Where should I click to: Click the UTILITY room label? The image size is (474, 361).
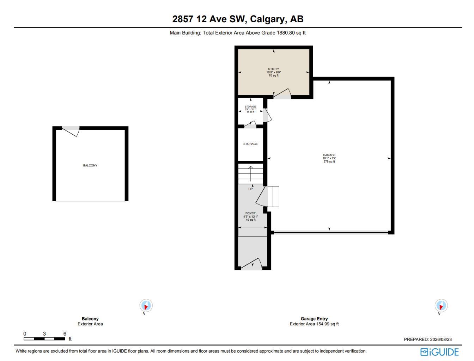point(273,69)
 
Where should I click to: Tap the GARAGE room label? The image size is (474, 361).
point(329,155)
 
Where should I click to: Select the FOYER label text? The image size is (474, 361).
point(250,213)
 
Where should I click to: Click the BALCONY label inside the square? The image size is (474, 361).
point(90,165)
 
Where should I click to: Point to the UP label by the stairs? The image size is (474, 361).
point(250,189)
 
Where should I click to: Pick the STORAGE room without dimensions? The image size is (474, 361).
point(250,144)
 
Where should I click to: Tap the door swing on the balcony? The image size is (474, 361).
point(71,131)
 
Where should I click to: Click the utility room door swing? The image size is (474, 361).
point(282,93)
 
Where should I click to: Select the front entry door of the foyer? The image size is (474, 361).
point(251,264)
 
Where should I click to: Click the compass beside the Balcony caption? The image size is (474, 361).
point(146,305)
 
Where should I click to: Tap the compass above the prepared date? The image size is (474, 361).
point(441,305)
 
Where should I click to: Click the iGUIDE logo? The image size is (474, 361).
point(439,352)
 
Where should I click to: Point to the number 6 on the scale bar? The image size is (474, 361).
point(65,334)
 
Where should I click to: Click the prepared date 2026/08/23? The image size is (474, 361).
point(441,339)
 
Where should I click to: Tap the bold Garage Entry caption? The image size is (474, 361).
point(314,319)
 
